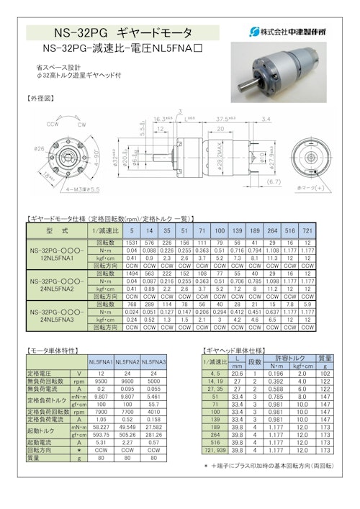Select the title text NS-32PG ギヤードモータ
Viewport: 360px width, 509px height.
tap(123, 33)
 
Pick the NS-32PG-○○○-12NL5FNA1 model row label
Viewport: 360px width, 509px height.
tap(55, 255)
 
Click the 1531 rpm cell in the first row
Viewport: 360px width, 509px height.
tap(132, 243)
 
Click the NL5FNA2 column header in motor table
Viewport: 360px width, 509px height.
tap(127, 361)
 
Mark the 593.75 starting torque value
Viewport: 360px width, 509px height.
tap(101, 434)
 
